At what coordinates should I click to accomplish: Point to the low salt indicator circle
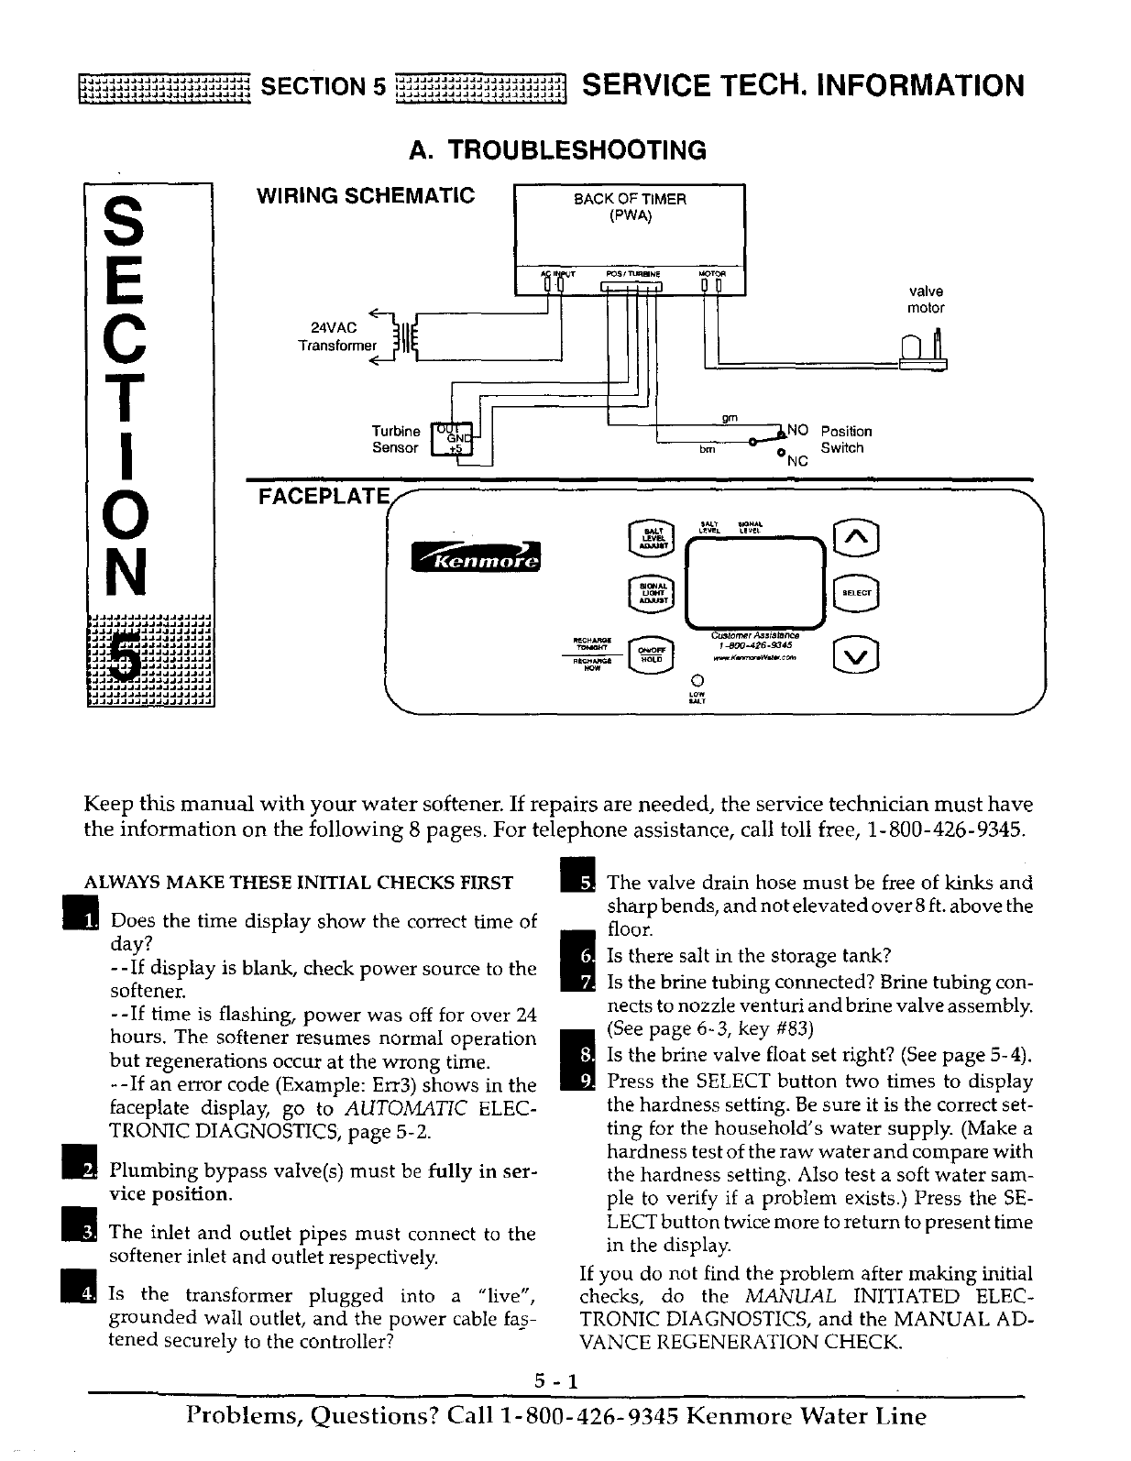[x=697, y=680]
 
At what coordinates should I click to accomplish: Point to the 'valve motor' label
[x=925, y=300]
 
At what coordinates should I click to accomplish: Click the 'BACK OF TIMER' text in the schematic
[x=630, y=199]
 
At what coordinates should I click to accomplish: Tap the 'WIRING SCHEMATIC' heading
[x=365, y=195]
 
